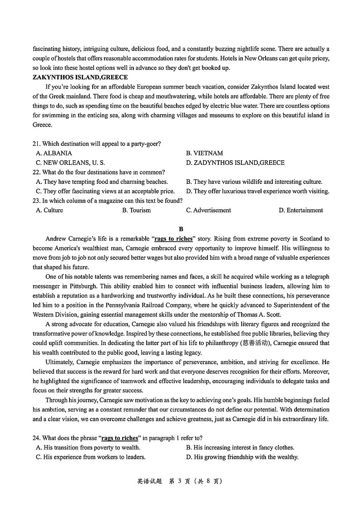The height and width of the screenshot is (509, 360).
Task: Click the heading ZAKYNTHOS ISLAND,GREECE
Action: (80, 78)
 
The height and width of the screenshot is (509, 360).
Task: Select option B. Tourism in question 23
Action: (136, 211)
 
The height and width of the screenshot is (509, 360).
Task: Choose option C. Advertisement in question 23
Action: (208, 211)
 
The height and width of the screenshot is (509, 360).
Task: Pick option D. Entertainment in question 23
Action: (301, 211)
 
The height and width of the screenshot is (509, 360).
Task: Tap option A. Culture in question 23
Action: (49, 211)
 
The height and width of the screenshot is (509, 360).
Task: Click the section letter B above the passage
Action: (181, 229)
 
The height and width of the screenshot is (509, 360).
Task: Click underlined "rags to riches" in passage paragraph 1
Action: (173, 239)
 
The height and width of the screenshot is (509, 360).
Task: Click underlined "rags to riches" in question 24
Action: (120, 438)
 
